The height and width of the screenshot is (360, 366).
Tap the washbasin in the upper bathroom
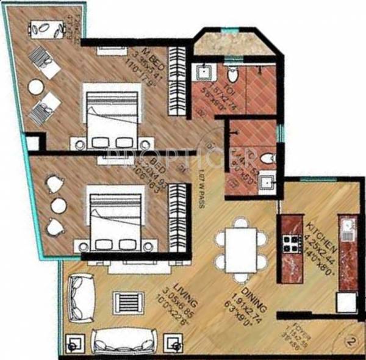tap(203, 74)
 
